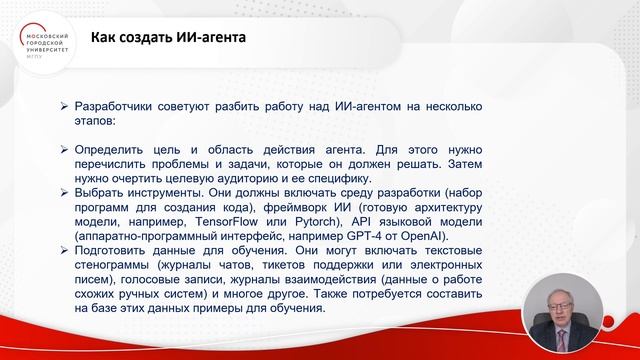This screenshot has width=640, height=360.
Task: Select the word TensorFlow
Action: (x=207, y=221)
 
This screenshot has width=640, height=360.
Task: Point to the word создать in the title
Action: (x=137, y=38)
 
